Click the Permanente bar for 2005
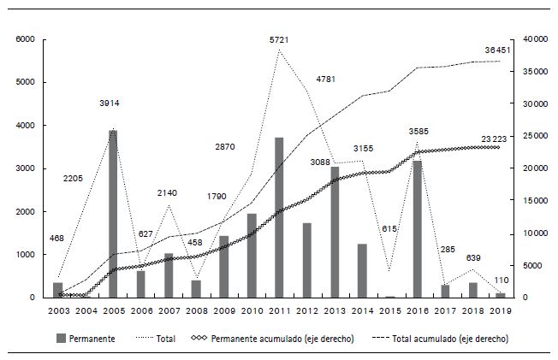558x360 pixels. click(x=113, y=214)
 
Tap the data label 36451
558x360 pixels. click(x=497, y=50)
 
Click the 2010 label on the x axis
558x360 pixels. click(x=252, y=311)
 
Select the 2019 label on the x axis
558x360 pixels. click(x=500, y=311)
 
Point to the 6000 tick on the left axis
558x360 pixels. click(x=25, y=40)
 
